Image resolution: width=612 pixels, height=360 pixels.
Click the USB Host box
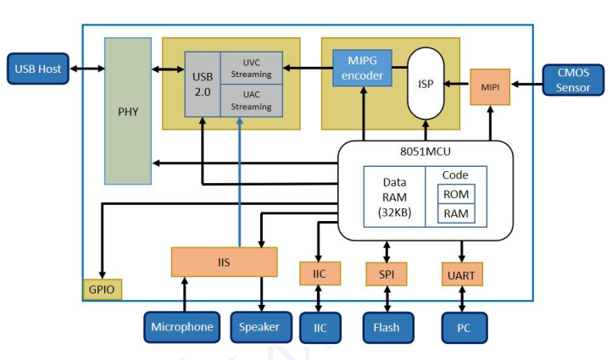pos(39,69)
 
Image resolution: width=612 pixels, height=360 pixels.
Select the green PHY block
pos(128,111)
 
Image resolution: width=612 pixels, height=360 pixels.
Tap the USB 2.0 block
pos(203,82)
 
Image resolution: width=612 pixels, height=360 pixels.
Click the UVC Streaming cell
pos(251,67)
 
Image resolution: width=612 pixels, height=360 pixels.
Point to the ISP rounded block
pos(426,83)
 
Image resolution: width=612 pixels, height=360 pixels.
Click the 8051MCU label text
pos(426,153)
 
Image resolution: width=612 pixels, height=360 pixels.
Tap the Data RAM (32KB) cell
pos(394,197)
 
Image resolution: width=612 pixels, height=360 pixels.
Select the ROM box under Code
pos(456,193)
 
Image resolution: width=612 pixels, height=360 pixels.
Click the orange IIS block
pos(224,262)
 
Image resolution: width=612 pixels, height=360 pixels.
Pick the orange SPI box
pos(387,274)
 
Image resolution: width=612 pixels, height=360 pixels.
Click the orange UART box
pos(462,274)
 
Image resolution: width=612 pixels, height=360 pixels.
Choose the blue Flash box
pos(387,327)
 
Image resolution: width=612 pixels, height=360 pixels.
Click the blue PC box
pos(465,327)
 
